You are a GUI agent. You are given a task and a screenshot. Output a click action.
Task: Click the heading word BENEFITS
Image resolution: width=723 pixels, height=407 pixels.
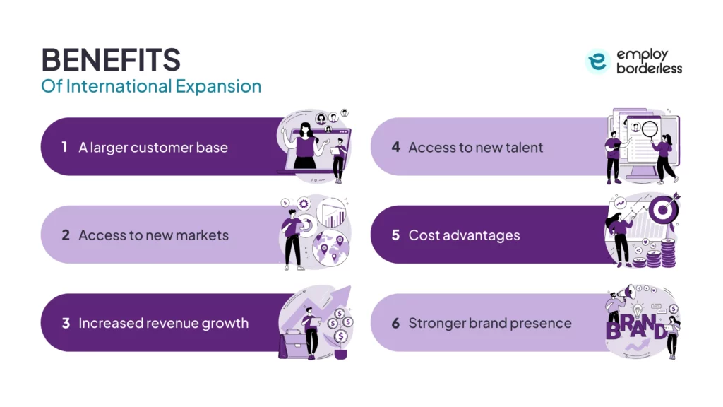(x=111, y=61)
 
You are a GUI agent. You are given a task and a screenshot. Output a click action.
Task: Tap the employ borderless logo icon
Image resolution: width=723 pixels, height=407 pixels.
(x=597, y=62)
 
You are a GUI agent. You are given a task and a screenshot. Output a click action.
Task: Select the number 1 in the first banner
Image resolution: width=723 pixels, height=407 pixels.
(x=64, y=147)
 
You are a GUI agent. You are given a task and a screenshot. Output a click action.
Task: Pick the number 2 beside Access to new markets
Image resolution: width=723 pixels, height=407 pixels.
(x=65, y=235)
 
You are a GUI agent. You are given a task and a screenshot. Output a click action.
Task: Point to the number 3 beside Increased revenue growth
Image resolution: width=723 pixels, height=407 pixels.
(x=65, y=324)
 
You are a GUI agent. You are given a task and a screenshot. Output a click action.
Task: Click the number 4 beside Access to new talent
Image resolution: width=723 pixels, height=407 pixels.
(x=395, y=147)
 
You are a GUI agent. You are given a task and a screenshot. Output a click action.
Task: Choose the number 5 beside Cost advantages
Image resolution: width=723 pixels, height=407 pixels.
(x=395, y=235)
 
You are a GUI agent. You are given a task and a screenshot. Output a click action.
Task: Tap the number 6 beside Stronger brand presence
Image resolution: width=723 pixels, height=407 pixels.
(x=395, y=324)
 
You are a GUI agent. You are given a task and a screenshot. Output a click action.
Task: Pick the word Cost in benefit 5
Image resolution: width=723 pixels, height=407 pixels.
(x=424, y=235)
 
